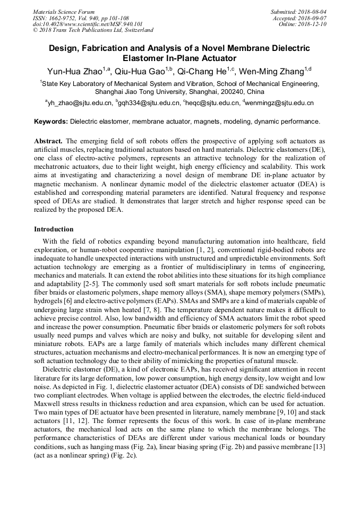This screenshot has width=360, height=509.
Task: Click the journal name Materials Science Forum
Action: coord(64,12)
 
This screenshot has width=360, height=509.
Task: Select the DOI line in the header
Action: coord(88,24)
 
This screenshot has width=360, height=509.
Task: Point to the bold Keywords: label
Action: coord(51,122)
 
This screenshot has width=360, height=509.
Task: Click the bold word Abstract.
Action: coord(48,142)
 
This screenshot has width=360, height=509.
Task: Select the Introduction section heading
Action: coord(54,229)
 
